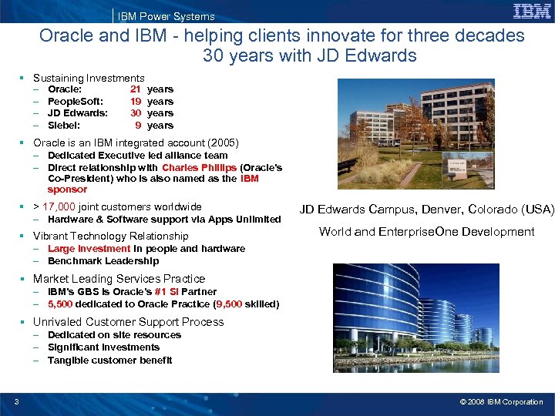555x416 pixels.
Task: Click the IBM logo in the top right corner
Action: pos(532,11)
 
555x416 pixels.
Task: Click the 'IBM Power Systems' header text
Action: pos(166,16)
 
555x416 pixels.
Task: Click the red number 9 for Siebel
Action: pos(138,126)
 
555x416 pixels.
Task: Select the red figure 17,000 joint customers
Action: pos(59,206)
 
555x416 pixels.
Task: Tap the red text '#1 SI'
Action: pos(169,292)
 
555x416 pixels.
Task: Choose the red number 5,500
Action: pos(62,304)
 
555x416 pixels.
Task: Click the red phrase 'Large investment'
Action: pos(89,249)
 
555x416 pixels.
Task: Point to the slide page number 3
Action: pos(16,401)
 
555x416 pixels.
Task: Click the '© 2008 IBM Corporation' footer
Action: pos(501,402)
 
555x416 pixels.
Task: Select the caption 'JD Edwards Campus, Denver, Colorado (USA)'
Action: pos(426,210)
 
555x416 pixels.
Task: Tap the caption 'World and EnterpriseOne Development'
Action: pos(426,231)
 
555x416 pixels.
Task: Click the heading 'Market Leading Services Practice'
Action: pos(119,279)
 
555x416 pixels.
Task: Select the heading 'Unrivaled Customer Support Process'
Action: pos(128,322)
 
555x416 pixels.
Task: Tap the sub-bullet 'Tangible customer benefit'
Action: pos(109,360)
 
